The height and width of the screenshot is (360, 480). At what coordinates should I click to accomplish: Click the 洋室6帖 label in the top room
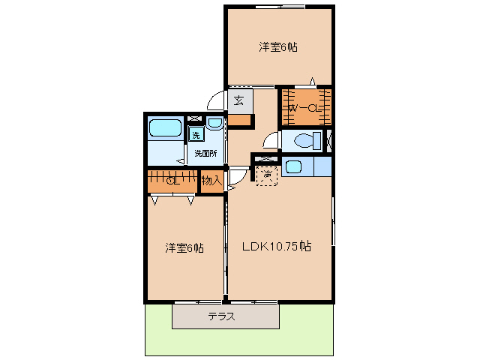[x=278, y=47]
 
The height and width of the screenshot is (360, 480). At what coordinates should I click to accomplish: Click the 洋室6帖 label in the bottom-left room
[x=184, y=247]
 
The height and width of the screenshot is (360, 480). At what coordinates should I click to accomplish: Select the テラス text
[x=222, y=316]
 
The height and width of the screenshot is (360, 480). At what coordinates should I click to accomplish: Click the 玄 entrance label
[x=238, y=100]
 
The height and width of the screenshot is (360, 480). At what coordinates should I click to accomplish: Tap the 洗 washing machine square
[x=195, y=136]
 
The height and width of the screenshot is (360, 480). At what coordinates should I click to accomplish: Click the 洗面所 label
[x=206, y=154]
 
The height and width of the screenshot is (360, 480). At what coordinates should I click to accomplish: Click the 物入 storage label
[x=211, y=180]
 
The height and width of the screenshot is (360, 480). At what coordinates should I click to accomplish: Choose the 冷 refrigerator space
[x=265, y=175]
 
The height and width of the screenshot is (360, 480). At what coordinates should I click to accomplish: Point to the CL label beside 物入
[x=172, y=180]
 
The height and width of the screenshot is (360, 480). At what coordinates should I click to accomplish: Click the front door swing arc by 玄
[x=216, y=101]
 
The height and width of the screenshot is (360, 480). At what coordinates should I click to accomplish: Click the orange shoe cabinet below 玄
[x=240, y=119]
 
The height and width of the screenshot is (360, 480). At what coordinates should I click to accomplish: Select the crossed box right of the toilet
[x=330, y=140]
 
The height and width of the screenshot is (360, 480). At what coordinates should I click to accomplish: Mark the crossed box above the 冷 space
[x=265, y=158]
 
